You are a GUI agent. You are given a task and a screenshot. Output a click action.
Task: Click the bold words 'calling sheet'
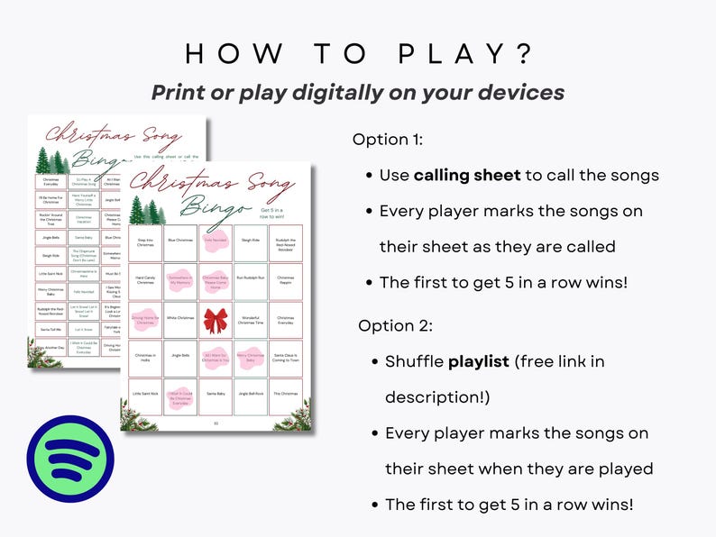click(467, 175)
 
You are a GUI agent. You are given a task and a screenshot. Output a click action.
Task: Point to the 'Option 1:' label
click(387, 140)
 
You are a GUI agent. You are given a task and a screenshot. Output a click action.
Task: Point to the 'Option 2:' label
click(395, 325)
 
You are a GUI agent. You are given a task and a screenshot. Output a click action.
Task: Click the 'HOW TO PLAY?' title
click(358, 53)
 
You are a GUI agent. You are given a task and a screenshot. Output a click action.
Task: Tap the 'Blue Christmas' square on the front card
click(179, 241)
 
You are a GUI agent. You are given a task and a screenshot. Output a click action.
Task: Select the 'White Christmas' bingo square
click(179, 318)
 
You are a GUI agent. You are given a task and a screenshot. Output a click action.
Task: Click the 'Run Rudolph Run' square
click(251, 279)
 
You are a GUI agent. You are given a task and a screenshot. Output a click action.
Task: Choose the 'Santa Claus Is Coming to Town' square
click(285, 358)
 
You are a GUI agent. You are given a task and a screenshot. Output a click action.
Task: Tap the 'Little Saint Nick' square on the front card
click(145, 395)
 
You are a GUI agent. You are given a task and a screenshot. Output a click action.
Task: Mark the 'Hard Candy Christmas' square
click(145, 279)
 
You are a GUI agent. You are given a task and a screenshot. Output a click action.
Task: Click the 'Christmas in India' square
click(145, 357)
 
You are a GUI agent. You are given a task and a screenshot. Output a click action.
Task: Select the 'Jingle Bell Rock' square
click(251, 395)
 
